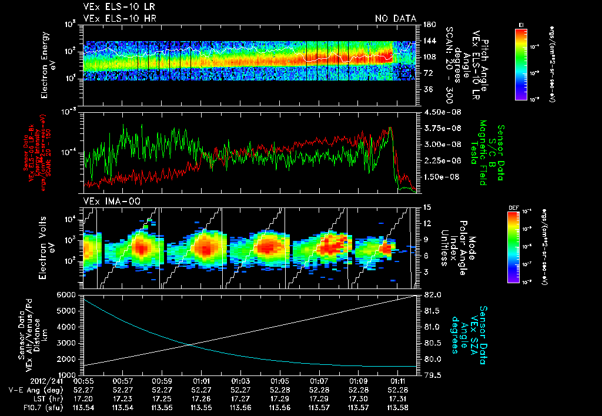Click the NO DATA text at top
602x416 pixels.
(395, 18)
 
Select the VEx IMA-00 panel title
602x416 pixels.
(103, 201)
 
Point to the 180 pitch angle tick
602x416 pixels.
(427, 25)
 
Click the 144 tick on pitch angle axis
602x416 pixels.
(427, 41)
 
